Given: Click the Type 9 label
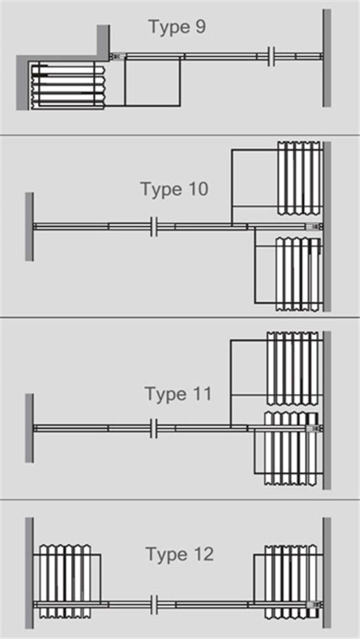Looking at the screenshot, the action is click(177, 27).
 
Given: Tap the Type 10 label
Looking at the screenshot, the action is click(175, 189).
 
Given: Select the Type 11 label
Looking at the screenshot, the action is click(178, 394).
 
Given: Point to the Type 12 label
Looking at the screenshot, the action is click(180, 554).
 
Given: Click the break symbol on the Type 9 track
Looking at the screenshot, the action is click(271, 56).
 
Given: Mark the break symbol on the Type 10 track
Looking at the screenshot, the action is click(153, 226).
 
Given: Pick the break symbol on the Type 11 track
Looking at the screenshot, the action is click(153, 429).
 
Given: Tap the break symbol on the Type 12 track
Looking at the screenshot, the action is click(153, 605).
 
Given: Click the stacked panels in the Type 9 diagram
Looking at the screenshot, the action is click(67, 85).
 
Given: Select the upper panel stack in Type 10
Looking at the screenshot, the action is click(299, 178).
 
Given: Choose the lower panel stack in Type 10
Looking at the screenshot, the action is click(298, 274).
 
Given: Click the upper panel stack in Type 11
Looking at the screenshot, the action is click(293, 369).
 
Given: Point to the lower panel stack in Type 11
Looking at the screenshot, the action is click(290, 448).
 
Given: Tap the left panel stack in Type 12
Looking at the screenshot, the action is click(65, 581).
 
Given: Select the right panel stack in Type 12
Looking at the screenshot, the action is click(290, 581).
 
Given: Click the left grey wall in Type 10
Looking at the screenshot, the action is click(29, 226).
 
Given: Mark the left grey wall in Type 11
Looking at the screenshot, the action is click(29, 428).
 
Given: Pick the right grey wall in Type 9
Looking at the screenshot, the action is click(326, 58).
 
